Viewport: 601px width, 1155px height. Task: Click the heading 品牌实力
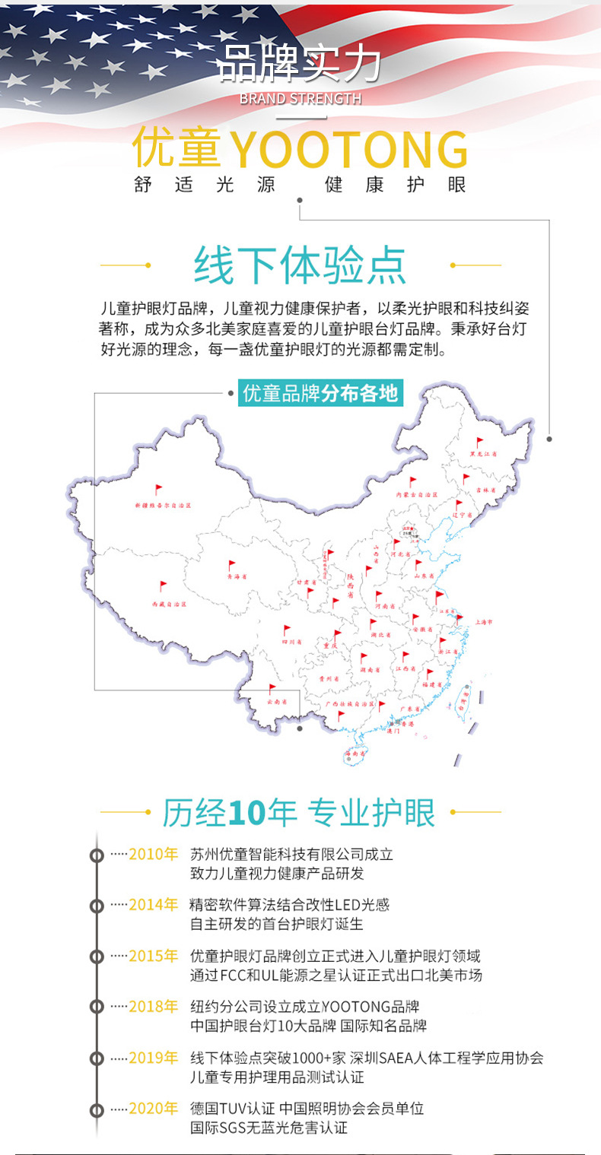300,65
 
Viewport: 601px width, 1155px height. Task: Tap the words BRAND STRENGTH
300,99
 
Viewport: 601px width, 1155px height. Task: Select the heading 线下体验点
300,265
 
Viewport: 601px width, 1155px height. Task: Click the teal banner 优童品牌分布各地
320,394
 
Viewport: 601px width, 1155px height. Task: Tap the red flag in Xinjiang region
158,490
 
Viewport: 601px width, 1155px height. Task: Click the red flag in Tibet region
163,586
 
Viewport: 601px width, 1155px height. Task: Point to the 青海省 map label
238,576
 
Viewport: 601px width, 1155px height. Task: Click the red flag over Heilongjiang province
479,442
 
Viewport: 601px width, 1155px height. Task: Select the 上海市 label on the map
484,621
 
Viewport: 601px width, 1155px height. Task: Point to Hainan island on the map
355,753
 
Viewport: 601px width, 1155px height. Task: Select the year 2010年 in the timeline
153,854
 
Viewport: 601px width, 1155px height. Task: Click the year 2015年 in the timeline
153,956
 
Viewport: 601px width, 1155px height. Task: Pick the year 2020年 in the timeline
153,1109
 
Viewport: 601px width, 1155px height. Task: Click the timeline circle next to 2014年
97,906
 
